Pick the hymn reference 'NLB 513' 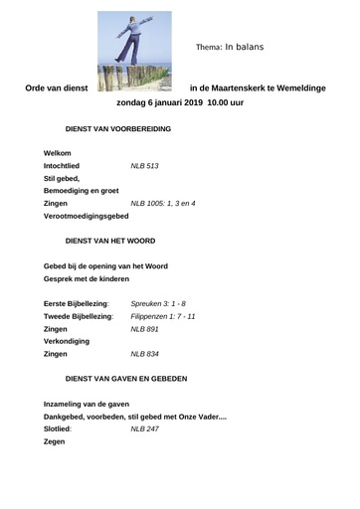click(x=145, y=165)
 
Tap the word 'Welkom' click(x=58, y=152)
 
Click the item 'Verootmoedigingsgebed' click(x=87, y=216)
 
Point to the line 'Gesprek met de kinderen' click(x=87, y=279)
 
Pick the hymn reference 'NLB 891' click(x=145, y=329)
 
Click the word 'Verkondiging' click(x=67, y=341)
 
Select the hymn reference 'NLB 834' click(x=145, y=354)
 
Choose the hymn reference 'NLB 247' click(x=145, y=429)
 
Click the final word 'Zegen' click(x=55, y=442)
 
